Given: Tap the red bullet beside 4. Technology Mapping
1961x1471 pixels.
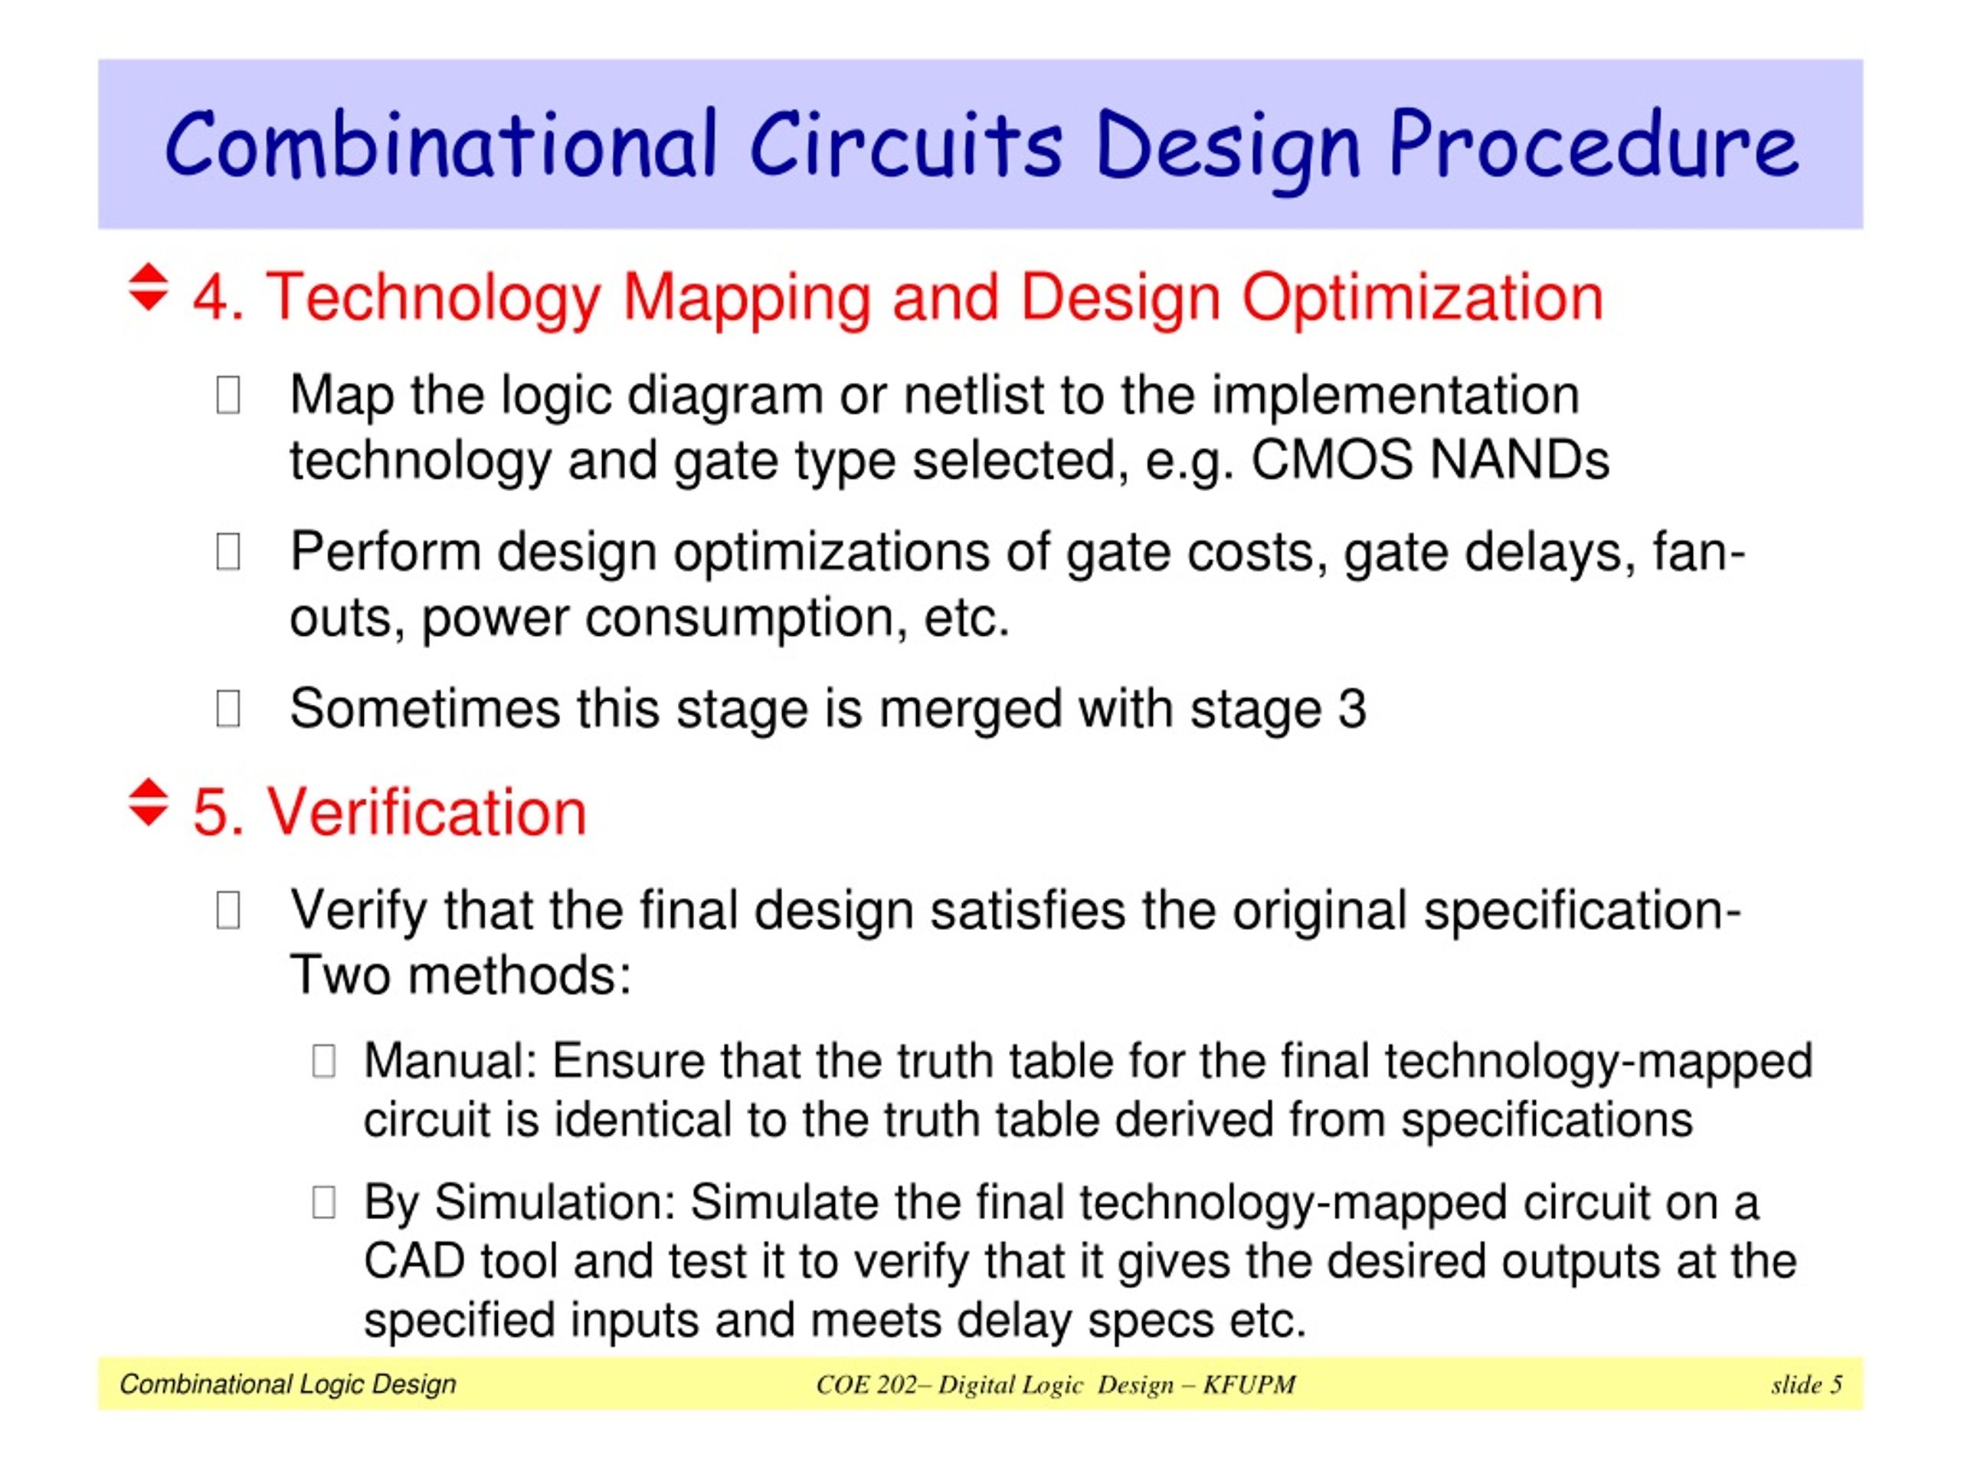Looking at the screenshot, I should (148, 287).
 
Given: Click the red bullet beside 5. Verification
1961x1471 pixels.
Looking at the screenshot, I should (148, 802).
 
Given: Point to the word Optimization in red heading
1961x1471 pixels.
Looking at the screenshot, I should (1422, 297).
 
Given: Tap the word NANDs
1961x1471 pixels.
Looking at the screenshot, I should (1520, 460).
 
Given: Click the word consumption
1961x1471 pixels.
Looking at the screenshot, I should (745, 618).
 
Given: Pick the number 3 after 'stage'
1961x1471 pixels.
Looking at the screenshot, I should (1351, 709).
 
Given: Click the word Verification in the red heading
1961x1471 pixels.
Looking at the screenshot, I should (427, 812).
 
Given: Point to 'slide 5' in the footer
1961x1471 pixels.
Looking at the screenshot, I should (1805, 1385).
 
